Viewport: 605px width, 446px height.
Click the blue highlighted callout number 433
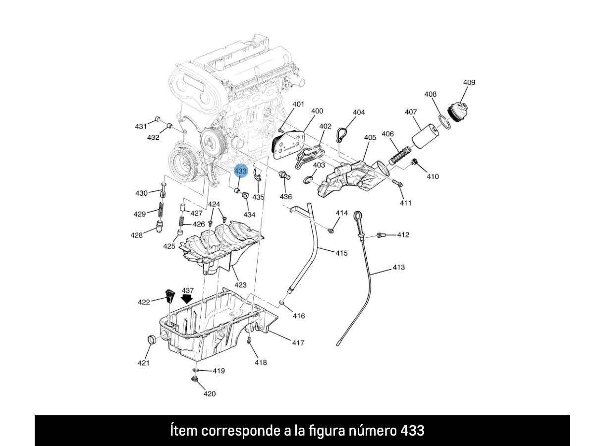[241, 171]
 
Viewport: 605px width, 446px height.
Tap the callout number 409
[469, 82]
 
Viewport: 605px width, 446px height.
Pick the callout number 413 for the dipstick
[398, 267]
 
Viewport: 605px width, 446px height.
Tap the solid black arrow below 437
[187, 299]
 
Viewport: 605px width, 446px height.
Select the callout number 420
[210, 394]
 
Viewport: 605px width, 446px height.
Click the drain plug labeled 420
[195, 380]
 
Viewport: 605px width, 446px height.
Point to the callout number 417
[297, 342]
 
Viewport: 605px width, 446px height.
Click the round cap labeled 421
[153, 341]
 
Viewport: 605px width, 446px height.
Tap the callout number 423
[240, 285]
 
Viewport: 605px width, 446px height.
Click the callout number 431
[141, 126]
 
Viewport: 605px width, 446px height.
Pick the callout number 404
[359, 112]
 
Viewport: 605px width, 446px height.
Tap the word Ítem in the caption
[184, 431]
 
